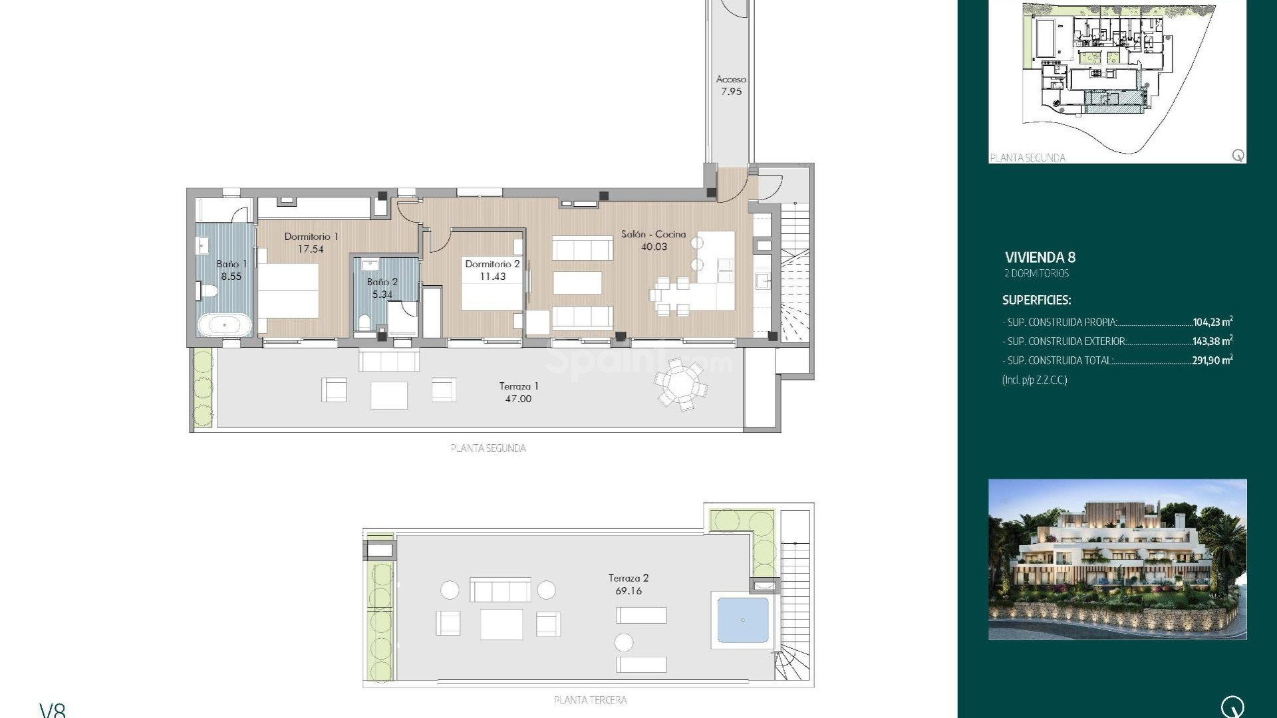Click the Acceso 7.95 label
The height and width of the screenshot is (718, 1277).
(x=731, y=86)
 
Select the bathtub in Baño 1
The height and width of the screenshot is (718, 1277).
(x=225, y=325)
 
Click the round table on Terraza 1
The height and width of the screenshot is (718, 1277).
(x=680, y=384)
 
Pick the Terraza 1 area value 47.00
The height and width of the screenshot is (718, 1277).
(x=518, y=399)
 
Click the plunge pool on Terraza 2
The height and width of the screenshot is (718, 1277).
(x=743, y=620)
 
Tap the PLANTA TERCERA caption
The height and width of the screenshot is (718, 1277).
(x=590, y=700)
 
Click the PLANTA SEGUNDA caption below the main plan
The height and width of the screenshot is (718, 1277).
(x=488, y=448)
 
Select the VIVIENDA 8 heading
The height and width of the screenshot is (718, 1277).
(x=1040, y=257)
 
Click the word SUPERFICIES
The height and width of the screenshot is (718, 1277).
(x=1036, y=300)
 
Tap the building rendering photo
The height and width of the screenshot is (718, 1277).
(x=1117, y=559)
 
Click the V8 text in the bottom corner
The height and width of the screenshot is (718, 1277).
(x=53, y=710)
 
